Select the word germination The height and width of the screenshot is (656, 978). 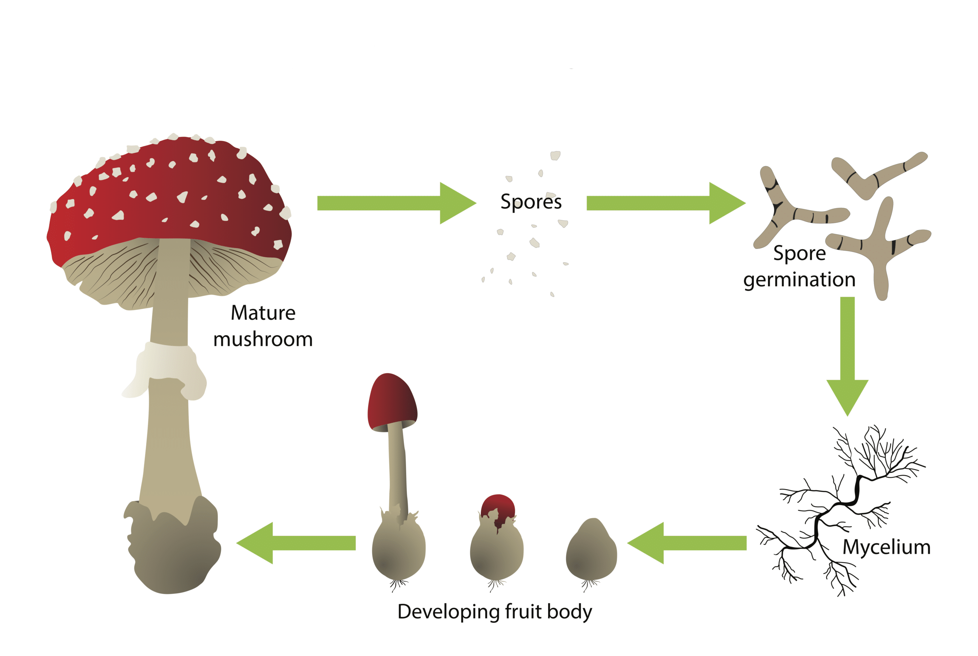800,280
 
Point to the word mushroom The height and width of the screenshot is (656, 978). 263,339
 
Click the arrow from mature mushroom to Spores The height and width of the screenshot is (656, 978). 397,203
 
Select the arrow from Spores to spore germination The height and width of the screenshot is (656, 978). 666,203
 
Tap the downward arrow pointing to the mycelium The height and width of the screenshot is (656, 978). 848,356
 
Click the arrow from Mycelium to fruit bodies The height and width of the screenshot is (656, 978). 687,543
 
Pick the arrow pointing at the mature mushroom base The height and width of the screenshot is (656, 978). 296,543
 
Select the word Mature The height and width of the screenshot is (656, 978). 263,313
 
